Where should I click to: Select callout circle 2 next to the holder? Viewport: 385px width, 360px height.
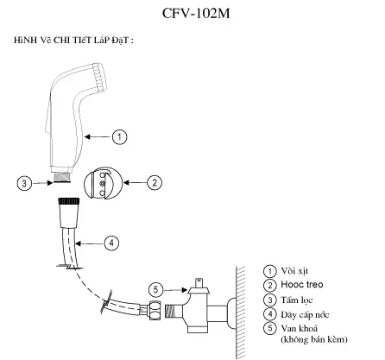click(155, 182)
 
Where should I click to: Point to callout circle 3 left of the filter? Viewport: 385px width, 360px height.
click(28, 182)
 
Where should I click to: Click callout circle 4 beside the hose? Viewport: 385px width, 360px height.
click(112, 243)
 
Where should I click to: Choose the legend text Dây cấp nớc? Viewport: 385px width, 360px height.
click(308, 313)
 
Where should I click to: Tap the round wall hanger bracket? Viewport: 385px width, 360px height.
click(104, 183)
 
